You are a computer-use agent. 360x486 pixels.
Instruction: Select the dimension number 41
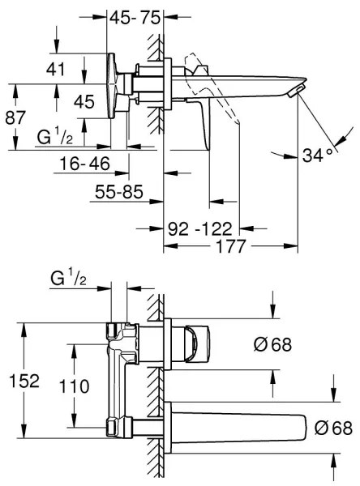click(56, 70)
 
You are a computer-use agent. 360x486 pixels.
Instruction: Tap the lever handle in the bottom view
click(197, 343)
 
